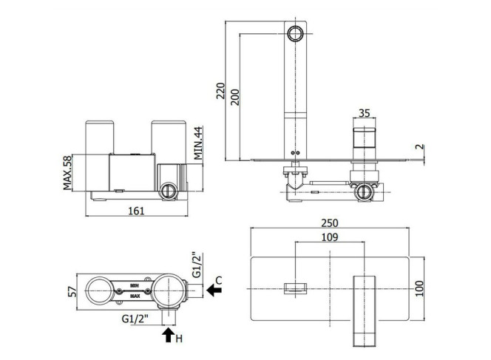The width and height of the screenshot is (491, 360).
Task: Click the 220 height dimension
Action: [x=221, y=90]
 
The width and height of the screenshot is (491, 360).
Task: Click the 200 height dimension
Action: [x=235, y=98]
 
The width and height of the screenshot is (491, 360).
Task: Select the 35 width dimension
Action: [x=364, y=112]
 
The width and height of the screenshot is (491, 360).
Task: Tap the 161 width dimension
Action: [x=137, y=211]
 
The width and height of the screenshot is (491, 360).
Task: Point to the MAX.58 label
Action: [x=67, y=172]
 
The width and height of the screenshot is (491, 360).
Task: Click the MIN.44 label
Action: [x=198, y=143]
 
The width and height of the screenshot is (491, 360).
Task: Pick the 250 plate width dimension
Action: [x=330, y=223]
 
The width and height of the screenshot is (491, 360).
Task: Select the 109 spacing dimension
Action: [x=330, y=237]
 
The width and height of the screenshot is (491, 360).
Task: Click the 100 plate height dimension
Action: [x=419, y=288]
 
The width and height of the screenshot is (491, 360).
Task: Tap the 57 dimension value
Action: [x=72, y=291]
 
